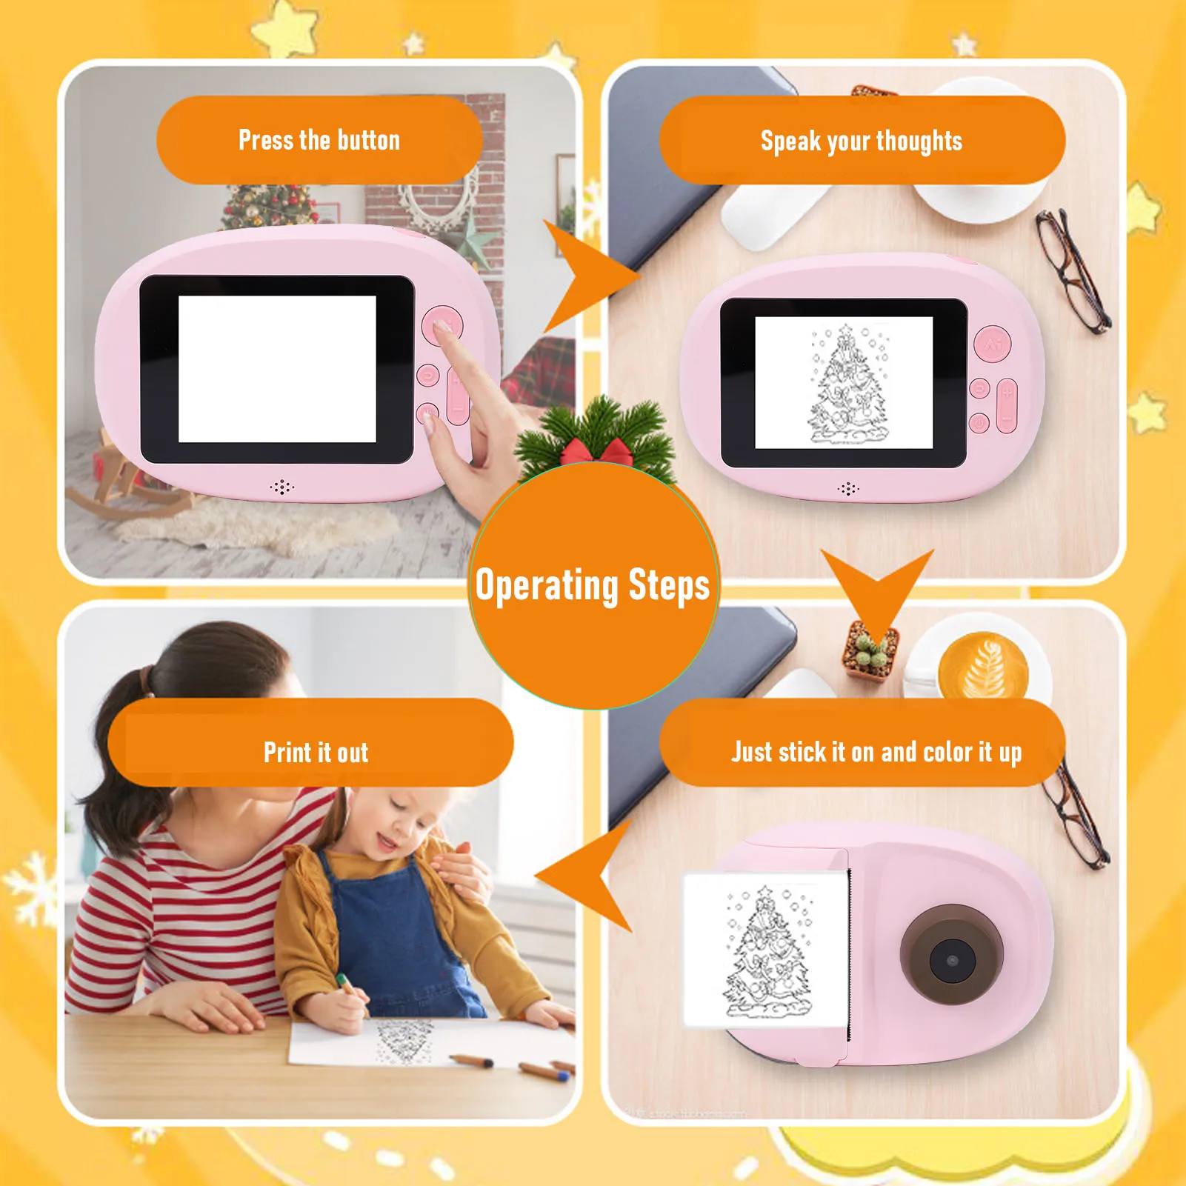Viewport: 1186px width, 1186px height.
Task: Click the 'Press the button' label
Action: pos(319,140)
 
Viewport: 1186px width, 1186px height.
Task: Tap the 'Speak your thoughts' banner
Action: pos(862,141)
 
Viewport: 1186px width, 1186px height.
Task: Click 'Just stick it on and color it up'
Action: pos(876,752)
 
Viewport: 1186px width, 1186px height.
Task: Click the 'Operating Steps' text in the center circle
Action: pos(593,585)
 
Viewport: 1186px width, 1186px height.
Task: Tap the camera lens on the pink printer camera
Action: pos(952,959)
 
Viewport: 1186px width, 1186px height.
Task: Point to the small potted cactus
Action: pos(870,652)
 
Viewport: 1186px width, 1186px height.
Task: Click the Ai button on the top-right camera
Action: pos(993,344)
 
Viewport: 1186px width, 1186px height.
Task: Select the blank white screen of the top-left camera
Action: pos(277,369)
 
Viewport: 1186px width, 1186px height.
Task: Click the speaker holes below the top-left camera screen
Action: pos(281,487)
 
